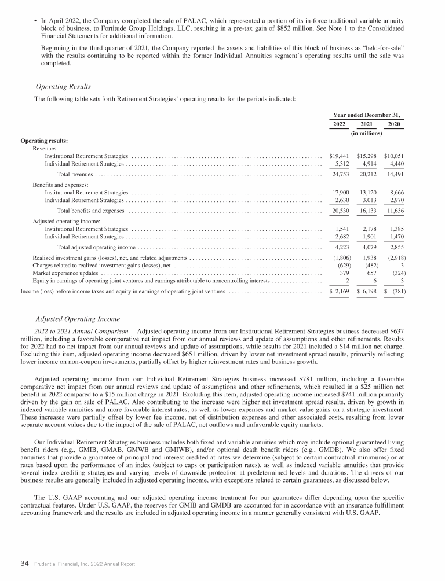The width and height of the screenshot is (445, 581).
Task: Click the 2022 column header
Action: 338,124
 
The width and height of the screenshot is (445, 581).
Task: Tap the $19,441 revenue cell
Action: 338,156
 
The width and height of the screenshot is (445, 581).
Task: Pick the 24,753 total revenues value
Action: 338,174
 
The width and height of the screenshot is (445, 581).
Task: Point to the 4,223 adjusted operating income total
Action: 338,247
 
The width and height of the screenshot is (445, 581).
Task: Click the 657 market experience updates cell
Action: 369,272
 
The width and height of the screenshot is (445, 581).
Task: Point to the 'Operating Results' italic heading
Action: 63,86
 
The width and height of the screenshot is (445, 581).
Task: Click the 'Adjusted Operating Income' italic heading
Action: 78,319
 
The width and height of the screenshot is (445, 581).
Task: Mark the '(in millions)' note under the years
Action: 366,133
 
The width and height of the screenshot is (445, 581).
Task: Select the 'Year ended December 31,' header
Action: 367,114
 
